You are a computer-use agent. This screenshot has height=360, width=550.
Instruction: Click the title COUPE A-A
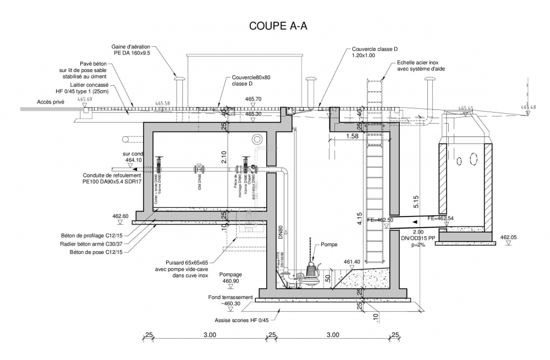tap(278, 26)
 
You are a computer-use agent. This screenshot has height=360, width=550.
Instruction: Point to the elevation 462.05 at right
tap(509, 237)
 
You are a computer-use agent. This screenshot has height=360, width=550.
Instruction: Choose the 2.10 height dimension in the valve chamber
tap(224, 158)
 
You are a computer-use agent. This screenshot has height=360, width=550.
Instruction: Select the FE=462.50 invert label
tap(380, 220)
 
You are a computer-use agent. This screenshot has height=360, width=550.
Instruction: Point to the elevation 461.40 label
tap(351, 262)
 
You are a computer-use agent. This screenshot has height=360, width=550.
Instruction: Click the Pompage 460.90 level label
tap(230, 278)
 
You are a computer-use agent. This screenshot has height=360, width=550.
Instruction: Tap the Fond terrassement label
tap(231, 297)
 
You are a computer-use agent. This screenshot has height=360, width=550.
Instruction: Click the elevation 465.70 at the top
tap(253, 99)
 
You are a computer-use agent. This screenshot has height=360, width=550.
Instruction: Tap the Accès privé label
tap(51, 102)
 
